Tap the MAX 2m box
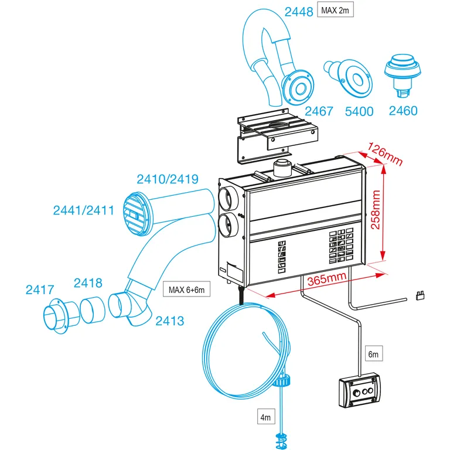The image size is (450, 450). [x=336, y=10]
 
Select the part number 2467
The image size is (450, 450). [x=318, y=111]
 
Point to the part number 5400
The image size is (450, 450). [x=359, y=111]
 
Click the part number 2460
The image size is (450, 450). [x=403, y=111]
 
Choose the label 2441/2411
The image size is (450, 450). [x=83, y=209]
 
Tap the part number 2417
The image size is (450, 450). [x=40, y=289]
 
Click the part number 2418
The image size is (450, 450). [x=88, y=283]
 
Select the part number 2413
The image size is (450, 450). [x=170, y=321]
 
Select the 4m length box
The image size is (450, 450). [x=266, y=417]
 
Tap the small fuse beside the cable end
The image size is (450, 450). [x=420, y=295]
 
